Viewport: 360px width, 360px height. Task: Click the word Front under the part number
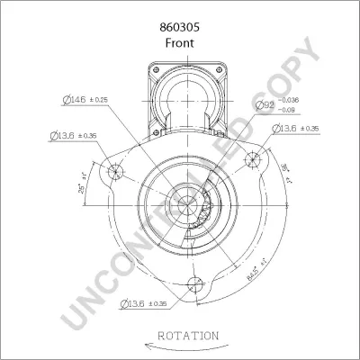click(x=180, y=28)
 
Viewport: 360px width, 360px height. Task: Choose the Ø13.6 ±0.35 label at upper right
click(x=295, y=130)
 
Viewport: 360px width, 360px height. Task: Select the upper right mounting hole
click(x=255, y=158)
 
